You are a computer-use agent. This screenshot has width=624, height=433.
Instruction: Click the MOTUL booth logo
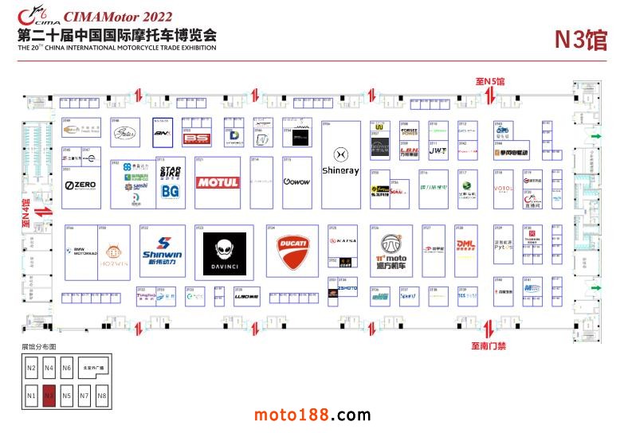pos(218,182)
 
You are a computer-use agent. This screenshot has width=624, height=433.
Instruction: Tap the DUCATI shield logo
pos(291,252)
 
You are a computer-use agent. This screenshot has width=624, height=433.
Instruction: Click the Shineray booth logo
pos(340,163)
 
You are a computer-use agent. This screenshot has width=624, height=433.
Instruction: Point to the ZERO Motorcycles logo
pos(80,185)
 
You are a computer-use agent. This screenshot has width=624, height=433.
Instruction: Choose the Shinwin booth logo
pos(162,249)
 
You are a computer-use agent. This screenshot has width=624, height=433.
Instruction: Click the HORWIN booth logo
pos(114,253)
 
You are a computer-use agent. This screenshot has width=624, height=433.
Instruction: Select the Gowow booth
pos(296,182)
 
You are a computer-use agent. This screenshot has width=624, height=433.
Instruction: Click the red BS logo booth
pos(194,140)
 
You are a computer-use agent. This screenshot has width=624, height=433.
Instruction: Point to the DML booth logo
pos(465,246)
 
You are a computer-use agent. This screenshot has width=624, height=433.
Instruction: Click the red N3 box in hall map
pos(49,395)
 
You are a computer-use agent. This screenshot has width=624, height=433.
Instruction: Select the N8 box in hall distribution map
pos(101,395)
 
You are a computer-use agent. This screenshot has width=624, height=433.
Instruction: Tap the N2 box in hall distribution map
pos(31,368)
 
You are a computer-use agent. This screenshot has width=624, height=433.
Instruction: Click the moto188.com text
pos(312,415)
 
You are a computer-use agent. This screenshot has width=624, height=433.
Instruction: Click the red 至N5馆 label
pos(490,81)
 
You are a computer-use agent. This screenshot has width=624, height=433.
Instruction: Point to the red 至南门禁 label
pos(489,345)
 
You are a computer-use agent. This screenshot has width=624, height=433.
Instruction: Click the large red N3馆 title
pos(580,40)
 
